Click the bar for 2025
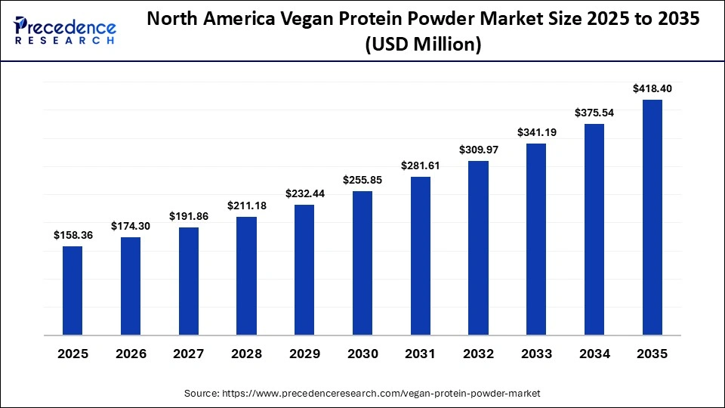72,290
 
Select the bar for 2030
362,263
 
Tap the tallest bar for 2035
652,217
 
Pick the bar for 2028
246,276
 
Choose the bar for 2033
536,239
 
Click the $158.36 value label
72,235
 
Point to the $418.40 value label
652,88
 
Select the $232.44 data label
304,193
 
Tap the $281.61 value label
421,165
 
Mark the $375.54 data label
594,113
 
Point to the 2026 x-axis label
131,354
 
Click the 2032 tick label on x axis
478,354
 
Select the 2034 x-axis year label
594,354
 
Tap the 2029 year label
304,354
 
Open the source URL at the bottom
362,393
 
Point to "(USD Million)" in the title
423,45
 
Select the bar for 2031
421,255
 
